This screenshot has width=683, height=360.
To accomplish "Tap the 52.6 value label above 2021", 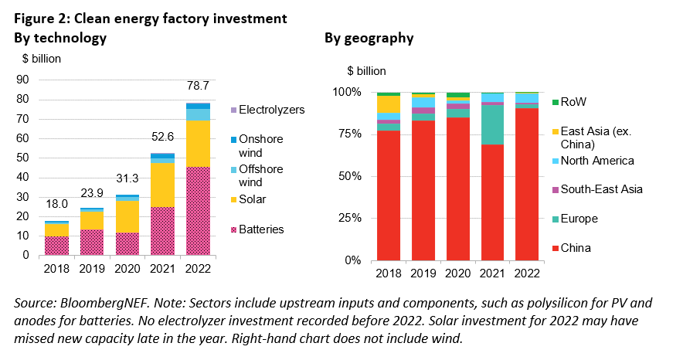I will click(162, 137).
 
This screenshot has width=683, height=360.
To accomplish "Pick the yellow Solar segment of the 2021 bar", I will click(162, 185).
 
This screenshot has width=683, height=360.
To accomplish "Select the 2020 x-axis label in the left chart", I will click(127, 270).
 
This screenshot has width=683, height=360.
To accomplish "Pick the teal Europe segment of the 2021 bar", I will click(494, 124).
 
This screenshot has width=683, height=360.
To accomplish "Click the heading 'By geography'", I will click(368, 38).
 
